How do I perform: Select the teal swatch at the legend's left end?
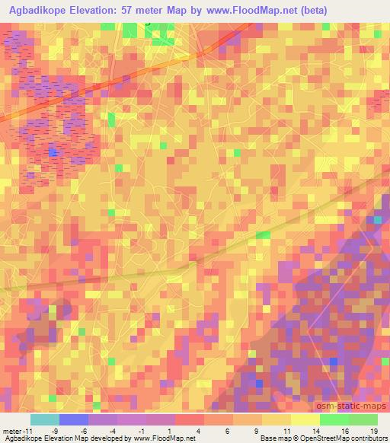click(45, 419)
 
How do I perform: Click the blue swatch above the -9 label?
click(74, 419)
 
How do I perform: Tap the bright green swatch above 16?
click(334, 419)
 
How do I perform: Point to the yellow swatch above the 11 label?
click(277, 419)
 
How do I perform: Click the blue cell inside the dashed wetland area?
click(53, 152)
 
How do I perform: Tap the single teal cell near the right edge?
click(378, 219)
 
